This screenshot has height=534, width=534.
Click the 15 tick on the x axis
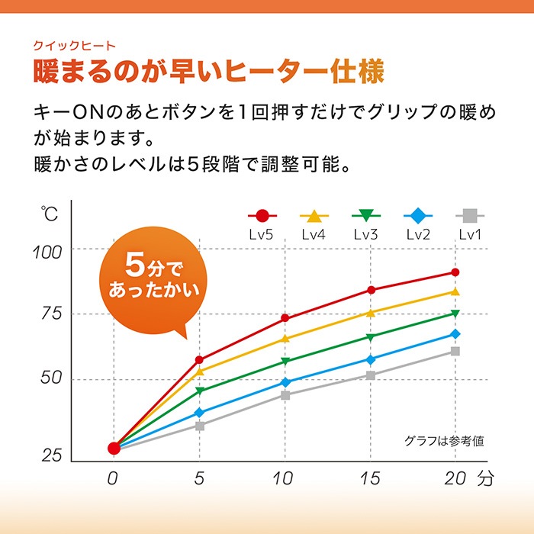click(x=370, y=479)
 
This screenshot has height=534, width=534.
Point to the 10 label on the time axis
click(x=285, y=479)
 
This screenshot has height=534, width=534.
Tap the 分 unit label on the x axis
click(x=487, y=479)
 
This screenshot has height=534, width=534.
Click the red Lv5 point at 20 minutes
click(x=455, y=272)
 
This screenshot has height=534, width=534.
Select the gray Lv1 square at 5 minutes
click(x=200, y=426)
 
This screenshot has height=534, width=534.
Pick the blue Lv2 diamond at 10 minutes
click(x=285, y=382)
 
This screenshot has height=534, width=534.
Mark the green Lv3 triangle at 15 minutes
click(x=371, y=336)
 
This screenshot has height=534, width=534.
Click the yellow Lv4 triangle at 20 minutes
click(x=455, y=291)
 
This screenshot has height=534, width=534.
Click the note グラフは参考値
click(x=445, y=440)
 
